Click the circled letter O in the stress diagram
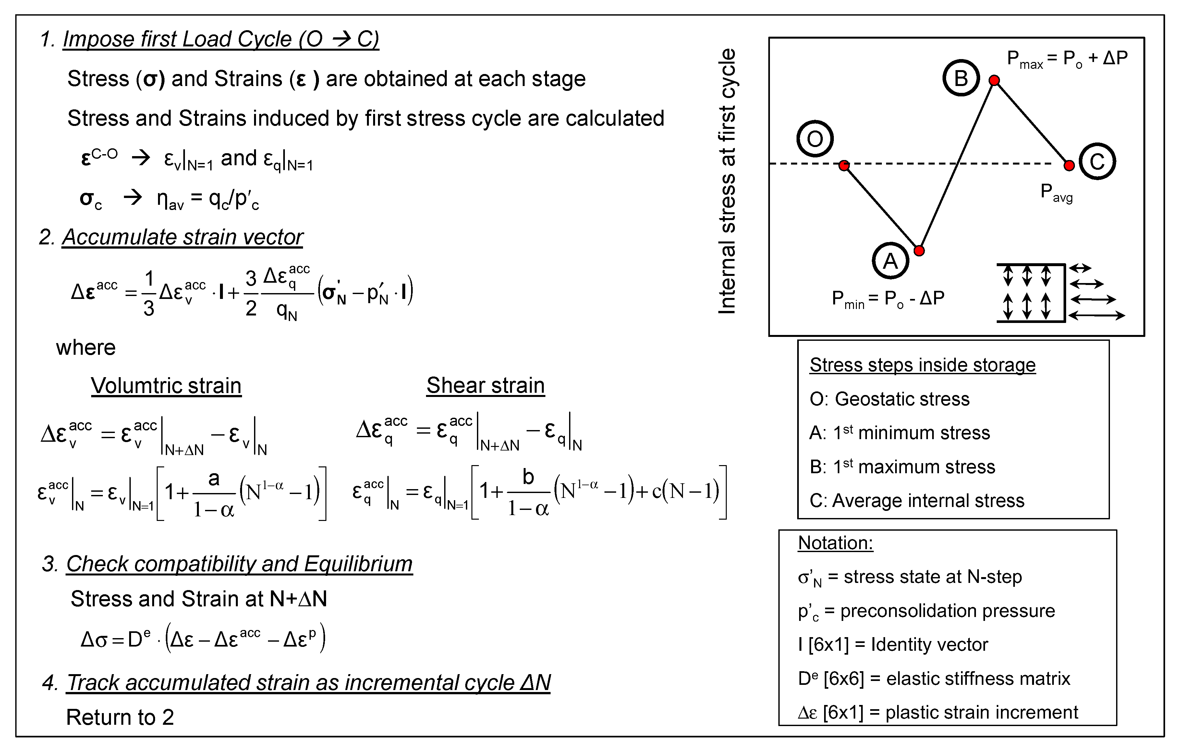[815, 139]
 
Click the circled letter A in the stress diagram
[890, 261]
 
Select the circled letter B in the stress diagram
[961, 78]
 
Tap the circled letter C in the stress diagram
[1097, 161]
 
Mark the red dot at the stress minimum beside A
[919, 251]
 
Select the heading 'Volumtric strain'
[166, 386]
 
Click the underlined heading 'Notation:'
[835, 543]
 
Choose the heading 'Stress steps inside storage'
[922, 365]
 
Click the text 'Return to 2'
[120, 717]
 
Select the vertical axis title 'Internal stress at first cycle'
[727, 181]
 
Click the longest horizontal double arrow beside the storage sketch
[1097, 316]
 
